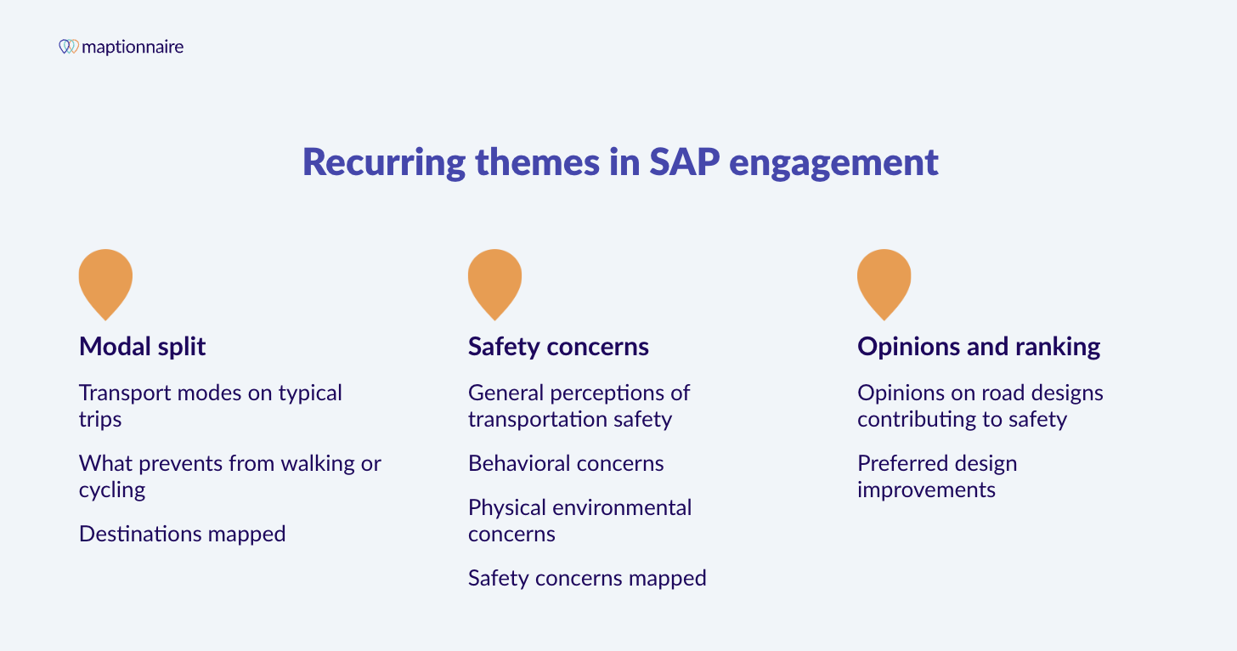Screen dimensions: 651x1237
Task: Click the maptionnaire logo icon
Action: click(69, 47)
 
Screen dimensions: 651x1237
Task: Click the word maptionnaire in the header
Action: click(133, 47)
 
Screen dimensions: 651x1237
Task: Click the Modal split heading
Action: click(143, 347)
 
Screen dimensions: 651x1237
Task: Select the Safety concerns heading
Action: click(558, 347)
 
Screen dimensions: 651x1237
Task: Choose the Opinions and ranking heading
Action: click(979, 347)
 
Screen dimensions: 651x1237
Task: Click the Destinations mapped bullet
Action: click(182, 534)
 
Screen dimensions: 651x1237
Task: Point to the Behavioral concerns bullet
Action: click(566, 463)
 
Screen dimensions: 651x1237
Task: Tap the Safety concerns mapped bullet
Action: click(587, 578)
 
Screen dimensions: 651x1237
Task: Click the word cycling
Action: click(112, 490)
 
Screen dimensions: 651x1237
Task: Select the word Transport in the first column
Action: click(120, 393)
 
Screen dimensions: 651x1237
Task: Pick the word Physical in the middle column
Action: click(505, 507)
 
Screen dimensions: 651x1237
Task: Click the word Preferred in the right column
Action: click(901, 463)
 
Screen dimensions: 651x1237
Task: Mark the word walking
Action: click(315, 463)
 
